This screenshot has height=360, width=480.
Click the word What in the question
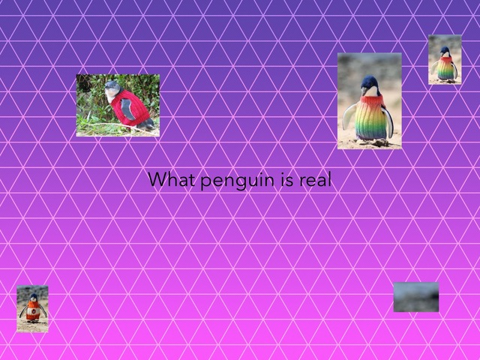167,180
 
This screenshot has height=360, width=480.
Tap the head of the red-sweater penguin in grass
112,88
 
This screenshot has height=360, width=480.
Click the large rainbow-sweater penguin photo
369,100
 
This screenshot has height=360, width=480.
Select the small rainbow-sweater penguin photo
445,59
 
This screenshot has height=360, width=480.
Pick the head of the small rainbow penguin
445,52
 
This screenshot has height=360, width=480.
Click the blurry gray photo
415,297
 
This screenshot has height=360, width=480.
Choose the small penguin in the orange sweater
32,308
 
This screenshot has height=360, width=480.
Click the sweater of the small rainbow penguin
445,67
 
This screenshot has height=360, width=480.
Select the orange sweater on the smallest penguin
32,312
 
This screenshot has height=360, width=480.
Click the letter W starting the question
154,180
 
